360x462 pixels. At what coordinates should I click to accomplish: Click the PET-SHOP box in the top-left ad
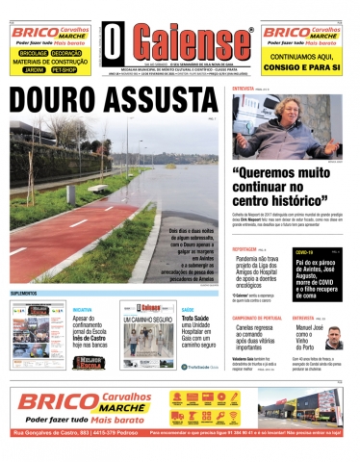pos(65,70)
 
